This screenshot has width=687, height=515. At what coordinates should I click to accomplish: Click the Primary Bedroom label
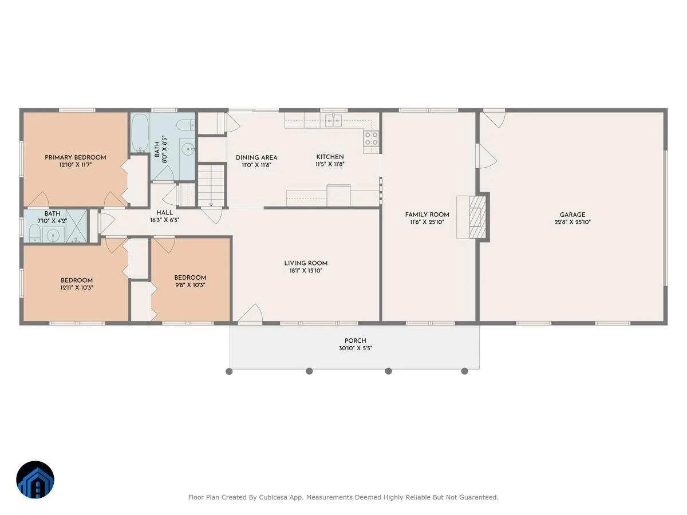pos(76,157)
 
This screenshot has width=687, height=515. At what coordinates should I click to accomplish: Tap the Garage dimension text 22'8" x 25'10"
pos(572,222)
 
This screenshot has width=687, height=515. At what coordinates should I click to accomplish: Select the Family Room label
pos(427,215)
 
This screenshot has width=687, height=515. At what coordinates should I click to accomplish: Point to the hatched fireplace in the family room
pos(477,217)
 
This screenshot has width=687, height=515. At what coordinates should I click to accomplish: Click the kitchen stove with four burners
pos(372,138)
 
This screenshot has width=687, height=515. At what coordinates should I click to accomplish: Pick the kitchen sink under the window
pos(333,120)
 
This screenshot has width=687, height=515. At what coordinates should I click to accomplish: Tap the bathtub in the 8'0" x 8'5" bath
pos(140,133)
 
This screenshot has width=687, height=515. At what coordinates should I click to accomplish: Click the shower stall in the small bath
pos(76,226)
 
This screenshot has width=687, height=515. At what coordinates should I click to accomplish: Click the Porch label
pos(356,340)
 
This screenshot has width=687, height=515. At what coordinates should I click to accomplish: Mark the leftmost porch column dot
pos(229,371)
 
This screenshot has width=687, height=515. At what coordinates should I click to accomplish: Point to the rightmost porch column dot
pos(464,371)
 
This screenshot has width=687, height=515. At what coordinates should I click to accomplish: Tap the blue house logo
pos(35,480)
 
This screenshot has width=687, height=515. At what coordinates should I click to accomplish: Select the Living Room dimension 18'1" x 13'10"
pos(306,271)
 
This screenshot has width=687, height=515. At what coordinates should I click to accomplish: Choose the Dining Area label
pos(256,157)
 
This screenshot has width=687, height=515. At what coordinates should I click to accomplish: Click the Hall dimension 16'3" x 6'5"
pos(165,220)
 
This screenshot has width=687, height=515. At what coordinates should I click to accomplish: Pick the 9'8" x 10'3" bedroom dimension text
pos(190,285)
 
